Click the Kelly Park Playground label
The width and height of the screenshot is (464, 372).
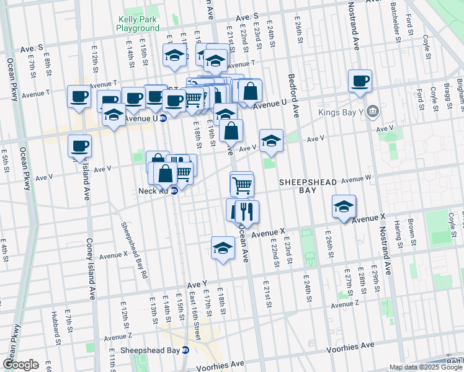click(137, 24)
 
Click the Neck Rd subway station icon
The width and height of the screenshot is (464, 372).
click(174, 191)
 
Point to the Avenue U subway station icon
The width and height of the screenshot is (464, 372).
click(163, 118)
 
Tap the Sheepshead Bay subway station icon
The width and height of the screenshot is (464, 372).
click(185, 350)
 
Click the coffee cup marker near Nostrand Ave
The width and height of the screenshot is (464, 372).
click(360, 81)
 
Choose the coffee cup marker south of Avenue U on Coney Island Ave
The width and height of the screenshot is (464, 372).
click(79, 146)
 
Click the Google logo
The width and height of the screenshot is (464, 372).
click(20, 365)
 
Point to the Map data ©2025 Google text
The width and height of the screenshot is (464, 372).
click(426, 367)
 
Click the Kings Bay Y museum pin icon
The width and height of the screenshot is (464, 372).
click(372, 112)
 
